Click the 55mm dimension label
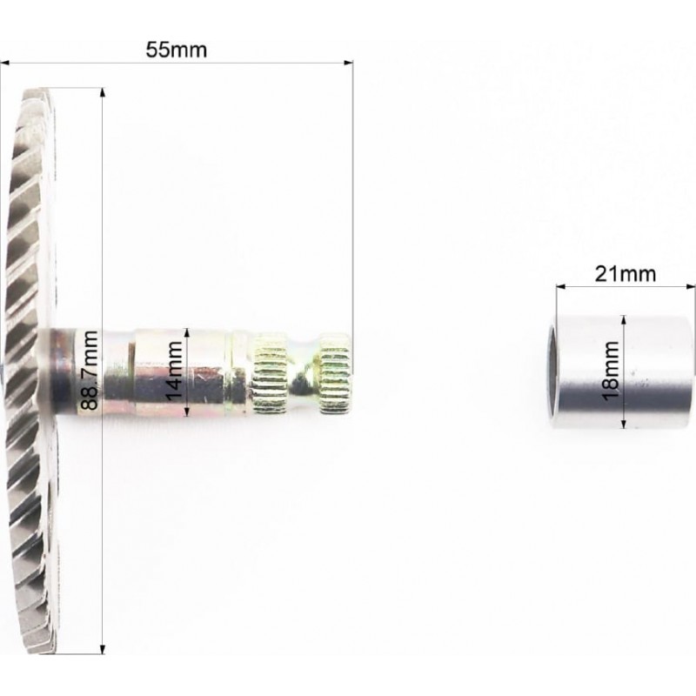pyautogui.click(x=177, y=50)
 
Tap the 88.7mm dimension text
pyautogui.click(x=90, y=371)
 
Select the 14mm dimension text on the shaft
pyautogui.click(x=174, y=371)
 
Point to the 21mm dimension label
pyautogui.click(x=625, y=274)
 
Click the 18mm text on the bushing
pyautogui.click(x=611, y=371)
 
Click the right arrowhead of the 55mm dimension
pyautogui.click(x=349, y=63)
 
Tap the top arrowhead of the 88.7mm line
pyautogui.click(x=103, y=92)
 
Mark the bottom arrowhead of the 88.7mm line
pyautogui.click(x=103, y=649)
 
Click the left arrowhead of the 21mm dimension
pyautogui.click(x=561, y=287)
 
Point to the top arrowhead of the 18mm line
pyautogui.click(x=624, y=320)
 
